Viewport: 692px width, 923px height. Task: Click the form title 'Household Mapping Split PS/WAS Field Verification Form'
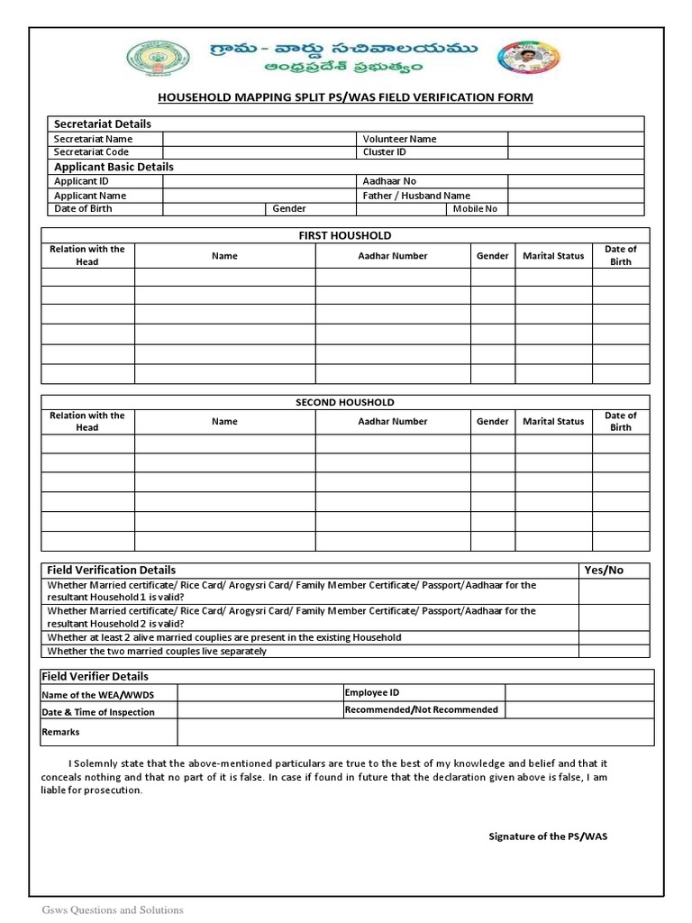pyautogui.click(x=345, y=96)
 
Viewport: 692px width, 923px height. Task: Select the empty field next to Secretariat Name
pyautogui.click(x=259, y=139)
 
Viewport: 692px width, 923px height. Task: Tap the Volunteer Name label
pyautogui.click(x=399, y=139)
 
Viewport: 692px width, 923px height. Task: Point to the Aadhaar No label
pyautogui.click(x=389, y=181)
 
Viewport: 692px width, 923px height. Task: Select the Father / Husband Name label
pyautogui.click(x=416, y=196)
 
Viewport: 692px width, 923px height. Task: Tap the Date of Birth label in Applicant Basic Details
pyautogui.click(x=83, y=209)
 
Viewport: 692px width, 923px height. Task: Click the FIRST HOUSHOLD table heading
pyautogui.click(x=345, y=235)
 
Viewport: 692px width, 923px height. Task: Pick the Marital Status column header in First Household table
pyautogui.click(x=553, y=256)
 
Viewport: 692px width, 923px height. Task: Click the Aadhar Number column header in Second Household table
pyautogui.click(x=393, y=421)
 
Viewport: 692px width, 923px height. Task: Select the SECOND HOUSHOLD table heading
pyautogui.click(x=345, y=402)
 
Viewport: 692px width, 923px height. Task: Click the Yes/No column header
pyautogui.click(x=604, y=570)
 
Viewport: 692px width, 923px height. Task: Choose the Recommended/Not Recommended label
pyautogui.click(x=421, y=709)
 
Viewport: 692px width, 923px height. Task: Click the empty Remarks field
pyautogui.click(x=415, y=732)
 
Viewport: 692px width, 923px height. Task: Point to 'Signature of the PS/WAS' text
pyautogui.click(x=548, y=836)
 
